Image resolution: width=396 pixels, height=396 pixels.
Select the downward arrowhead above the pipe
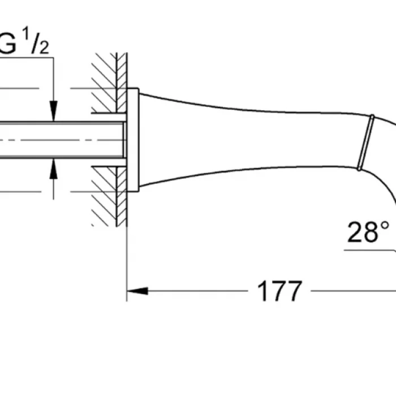53,110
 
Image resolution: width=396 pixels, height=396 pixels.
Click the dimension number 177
279,291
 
